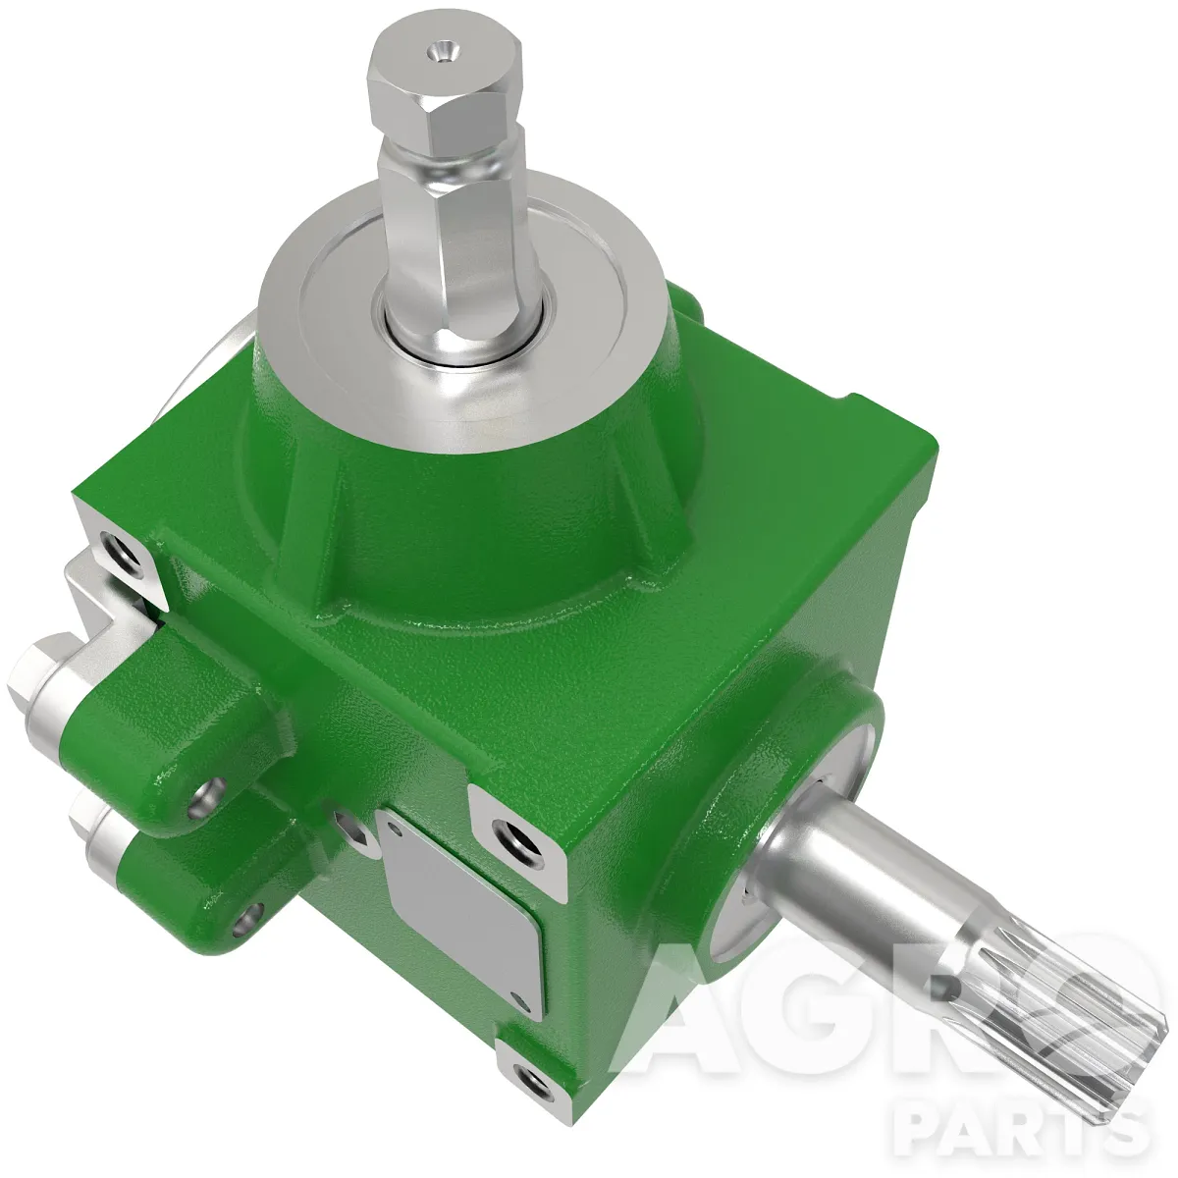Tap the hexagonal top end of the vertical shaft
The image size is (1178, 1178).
click(445, 92)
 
